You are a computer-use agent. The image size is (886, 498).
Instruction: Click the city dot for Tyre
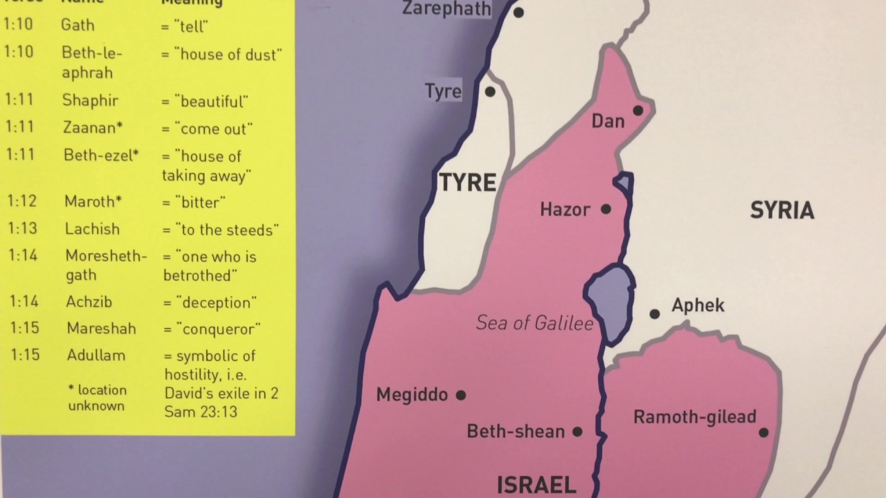coord(490,91)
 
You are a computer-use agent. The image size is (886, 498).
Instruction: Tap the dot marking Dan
coord(638,111)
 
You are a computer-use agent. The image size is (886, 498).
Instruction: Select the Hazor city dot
coord(606,209)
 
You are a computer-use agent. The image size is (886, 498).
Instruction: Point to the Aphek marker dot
coord(654,314)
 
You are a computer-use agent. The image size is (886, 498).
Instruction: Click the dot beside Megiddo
coord(461,396)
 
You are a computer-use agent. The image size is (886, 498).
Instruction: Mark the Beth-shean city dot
coord(577,432)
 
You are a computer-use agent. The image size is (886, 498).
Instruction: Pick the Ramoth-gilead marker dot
coord(763,433)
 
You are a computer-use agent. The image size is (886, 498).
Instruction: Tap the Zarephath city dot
coord(518,12)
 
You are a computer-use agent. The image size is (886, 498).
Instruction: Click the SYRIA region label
coord(782,211)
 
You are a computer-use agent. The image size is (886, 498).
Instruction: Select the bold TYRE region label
coord(468,183)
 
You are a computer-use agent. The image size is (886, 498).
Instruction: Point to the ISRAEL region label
coord(536,485)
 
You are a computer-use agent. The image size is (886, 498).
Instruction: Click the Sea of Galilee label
coord(534,323)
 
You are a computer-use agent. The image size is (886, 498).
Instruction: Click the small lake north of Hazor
coord(624,183)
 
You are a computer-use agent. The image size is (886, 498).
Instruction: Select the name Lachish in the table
coord(92,229)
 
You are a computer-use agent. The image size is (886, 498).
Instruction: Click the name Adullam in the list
coord(96,356)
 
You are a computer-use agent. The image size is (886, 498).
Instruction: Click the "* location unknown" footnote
coord(97,398)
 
